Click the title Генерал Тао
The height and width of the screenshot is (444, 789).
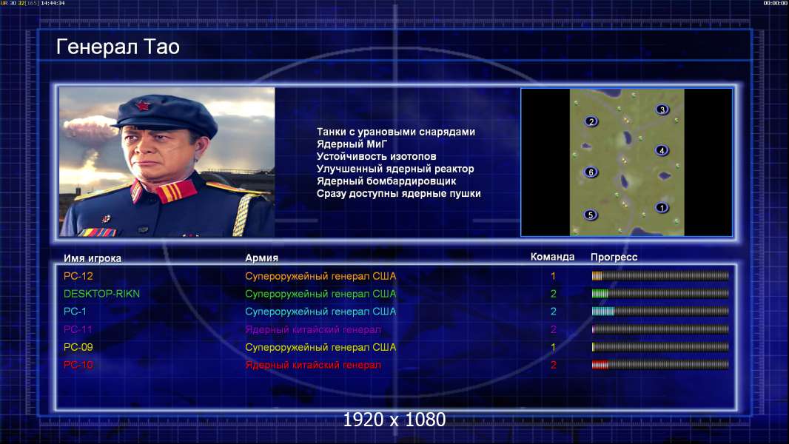pyautogui.click(x=118, y=47)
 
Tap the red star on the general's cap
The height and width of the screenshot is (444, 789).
pyautogui.click(x=142, y=106)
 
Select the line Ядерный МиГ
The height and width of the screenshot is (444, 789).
pyautogui.click(x=352, y=144)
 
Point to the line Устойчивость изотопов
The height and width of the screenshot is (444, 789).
pyautogui.click(x=377, y=156)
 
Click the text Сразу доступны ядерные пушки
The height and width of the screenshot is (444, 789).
pyautogui.click(x=398, y=194)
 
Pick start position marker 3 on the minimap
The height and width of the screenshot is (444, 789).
pyautogui.click(x=662, y=109)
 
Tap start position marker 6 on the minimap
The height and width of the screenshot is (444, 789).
pyautogui.click(x=591, y=172)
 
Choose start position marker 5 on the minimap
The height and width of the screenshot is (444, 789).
pyautogui.click(x=591, y=215)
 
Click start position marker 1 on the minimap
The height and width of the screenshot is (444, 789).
pyautogui.click(x=662, y=207)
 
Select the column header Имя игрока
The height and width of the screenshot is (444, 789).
pyautogui.click(x=93, y=258)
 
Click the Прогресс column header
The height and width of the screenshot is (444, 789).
pyautogui.click(x=614, y=257)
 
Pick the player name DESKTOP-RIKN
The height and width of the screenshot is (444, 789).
pyautogui.click(x=101, y=294)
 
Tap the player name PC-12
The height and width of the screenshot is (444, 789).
pyautogui.click(x=78, y=276)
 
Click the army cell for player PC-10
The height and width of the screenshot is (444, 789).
pyautogui.click(x=313, y=365)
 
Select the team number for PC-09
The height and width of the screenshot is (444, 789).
pyautogui.click(x=553, y=347)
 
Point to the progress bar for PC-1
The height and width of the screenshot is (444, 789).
pyautogui.click(x=660, y=312)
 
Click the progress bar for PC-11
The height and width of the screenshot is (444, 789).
pyautogui.click(x=660, y=329)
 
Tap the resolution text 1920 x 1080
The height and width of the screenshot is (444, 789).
pyautogui.click(x=394, y=420)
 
